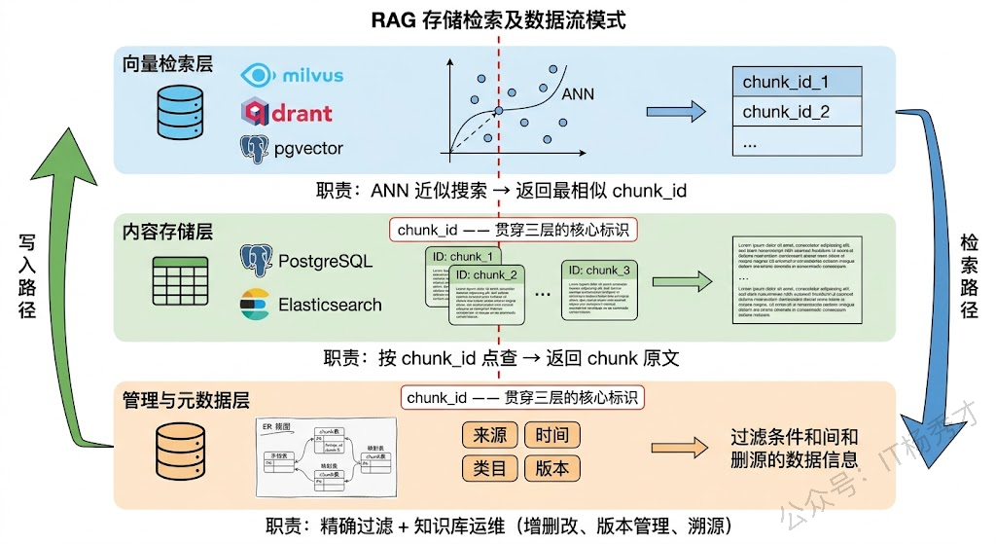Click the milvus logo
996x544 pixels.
pos(291,75)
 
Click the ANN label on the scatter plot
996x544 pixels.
pos(580,94)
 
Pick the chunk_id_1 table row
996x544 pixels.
pos(798,82)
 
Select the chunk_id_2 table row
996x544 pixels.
pos(798,112)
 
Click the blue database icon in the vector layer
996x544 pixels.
pos(179,110)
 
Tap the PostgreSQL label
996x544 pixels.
pos(323,261)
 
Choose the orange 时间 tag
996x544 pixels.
pos(551,435)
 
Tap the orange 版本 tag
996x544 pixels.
pos(551,467)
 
